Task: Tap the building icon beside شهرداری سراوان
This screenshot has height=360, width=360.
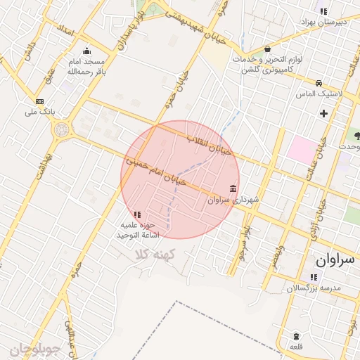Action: click(233, 188)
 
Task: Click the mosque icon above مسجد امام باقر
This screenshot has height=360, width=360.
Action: click(86, 51)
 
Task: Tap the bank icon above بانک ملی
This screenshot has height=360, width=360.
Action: click(39, 101)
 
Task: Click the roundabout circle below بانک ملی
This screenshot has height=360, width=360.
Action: click(61, 129)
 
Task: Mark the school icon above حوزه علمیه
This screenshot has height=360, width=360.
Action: click(137, 214)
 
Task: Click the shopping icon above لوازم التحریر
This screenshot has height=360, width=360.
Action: click(268, 49)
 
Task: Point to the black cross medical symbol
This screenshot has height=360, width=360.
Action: click(323, 112)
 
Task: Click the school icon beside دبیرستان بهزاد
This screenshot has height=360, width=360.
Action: click(323, 11)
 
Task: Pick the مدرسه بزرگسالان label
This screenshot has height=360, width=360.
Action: click(314, 288)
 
